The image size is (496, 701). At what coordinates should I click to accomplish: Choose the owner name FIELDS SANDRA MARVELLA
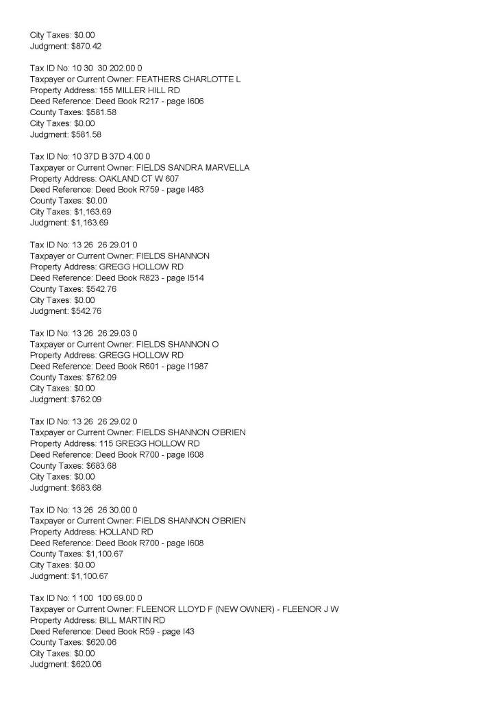[193, 167]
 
